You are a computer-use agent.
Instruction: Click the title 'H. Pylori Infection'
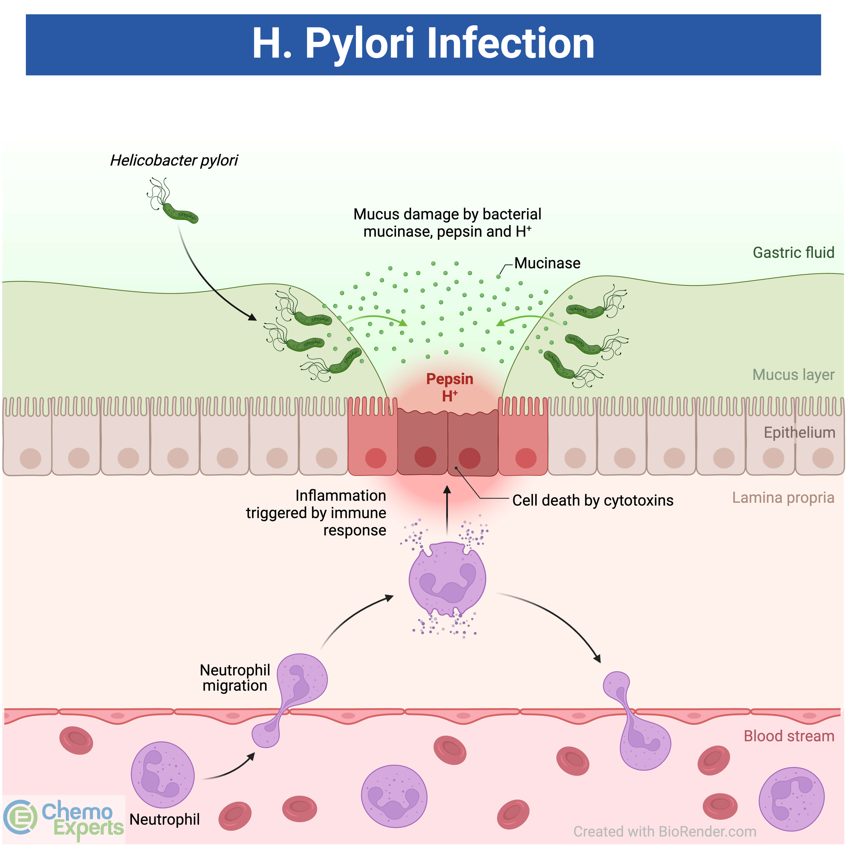pos(423,44)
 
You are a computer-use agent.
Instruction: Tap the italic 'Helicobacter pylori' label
pos(174,160)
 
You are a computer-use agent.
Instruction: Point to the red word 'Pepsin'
pos(450,379)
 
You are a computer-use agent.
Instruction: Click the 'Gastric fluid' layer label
pos(793,253)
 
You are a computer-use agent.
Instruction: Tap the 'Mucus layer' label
pos(793,375)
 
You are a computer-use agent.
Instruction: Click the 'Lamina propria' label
pos(783,498)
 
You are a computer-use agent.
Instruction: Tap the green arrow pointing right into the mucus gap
pos(377,319)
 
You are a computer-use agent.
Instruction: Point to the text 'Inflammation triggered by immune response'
pos(316,513)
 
